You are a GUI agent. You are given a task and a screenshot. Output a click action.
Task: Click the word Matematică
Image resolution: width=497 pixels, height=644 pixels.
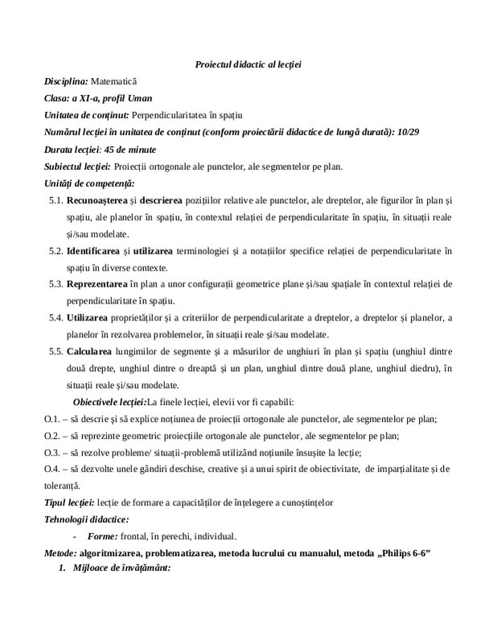tap(114, 81)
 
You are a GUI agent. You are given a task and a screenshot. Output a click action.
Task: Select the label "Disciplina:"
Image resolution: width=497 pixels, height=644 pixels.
tap(66, 81)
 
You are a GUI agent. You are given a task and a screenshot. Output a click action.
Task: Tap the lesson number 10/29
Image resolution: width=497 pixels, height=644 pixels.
tap(409, 133)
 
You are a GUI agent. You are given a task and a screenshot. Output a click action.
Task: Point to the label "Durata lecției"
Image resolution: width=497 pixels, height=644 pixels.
tap(72, 150)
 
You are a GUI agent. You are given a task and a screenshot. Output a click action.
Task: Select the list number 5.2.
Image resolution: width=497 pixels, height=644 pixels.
tap(55, 251)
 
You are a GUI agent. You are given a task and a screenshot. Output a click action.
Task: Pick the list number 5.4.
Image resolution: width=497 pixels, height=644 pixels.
tap(55, 318)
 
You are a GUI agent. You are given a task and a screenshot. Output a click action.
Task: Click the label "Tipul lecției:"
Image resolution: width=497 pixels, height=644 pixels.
tap(72, 502)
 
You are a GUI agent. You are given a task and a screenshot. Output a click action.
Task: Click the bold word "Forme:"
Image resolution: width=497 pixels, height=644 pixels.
tap(103, 536)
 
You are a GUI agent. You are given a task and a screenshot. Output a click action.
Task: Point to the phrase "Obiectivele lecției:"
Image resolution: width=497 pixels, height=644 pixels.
tap(109, 402)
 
